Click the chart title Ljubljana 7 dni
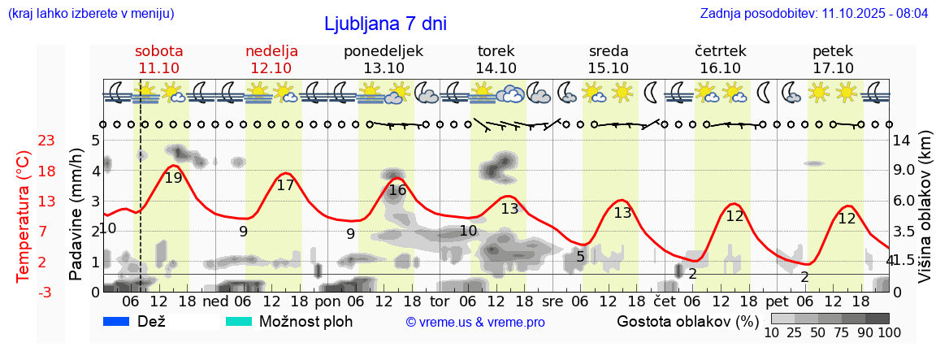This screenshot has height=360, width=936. pos(385,24)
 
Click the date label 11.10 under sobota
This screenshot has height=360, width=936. pos(159,68)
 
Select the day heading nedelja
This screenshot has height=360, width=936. pos(272,51)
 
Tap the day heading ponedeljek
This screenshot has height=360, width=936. pos(383,51)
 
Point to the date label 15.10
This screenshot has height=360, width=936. pos(609,68)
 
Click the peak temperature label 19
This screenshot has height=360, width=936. pos(173,178)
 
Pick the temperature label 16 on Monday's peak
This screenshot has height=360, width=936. pos(397,191)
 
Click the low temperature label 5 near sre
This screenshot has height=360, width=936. pos(580,257)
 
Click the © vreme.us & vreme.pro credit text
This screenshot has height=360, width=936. pos(475,322)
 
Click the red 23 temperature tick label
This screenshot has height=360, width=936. pos(24,141)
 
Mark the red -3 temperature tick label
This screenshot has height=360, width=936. pos(24,292)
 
